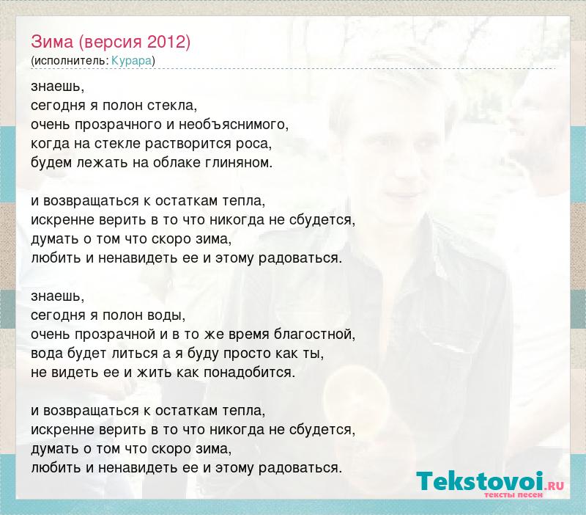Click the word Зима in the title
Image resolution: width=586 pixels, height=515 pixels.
click(52, 42)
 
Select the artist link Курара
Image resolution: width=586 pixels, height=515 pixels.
click(132, 61)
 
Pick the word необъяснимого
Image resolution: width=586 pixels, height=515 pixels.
click(233, 124)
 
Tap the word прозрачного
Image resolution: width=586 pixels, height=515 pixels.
click(118, 125)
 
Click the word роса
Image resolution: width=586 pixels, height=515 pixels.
click(253, 144)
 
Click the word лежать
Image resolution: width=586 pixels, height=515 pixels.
click(100, 162)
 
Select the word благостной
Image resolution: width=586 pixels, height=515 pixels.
click(314, 334)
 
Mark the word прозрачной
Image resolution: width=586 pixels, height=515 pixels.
click(115, 335)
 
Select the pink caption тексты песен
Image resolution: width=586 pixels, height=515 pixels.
click(513, 494)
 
